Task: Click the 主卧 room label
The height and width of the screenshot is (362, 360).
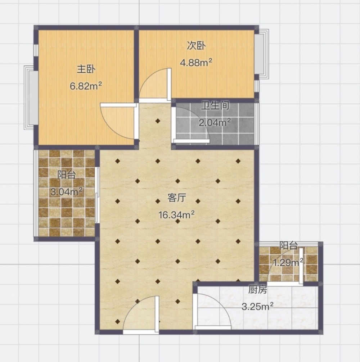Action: coord(86,69)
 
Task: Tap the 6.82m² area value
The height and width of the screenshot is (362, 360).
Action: coord(86,86)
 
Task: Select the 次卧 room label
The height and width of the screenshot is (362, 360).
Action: coord(196,46)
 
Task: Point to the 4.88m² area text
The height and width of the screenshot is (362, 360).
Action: coord(196,63)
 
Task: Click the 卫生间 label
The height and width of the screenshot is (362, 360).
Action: coord(215,105)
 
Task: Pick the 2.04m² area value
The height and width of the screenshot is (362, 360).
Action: coord(215,123)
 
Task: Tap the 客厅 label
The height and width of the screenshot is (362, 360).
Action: coord(177,198)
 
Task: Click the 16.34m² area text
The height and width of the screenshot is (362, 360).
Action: coord(176,215)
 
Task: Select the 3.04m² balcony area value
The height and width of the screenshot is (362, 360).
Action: coord(67,192)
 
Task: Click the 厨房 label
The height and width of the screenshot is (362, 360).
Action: coord(257,290)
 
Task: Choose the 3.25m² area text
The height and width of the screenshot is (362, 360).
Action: coord(257,307)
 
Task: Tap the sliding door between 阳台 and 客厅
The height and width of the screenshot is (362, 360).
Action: coord(98,195)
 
